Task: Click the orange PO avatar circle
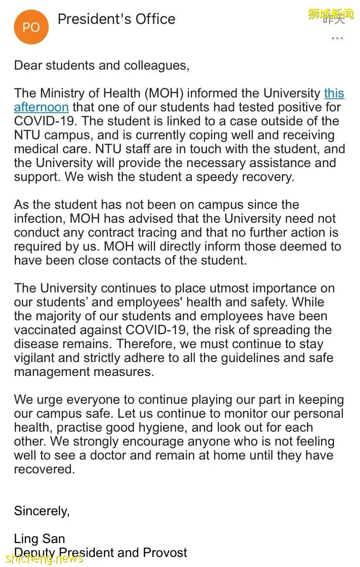pyautogui.click(x=31, y=27)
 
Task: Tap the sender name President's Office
pyautogui.click(x=117, y=19)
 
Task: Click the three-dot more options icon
pyautogui.click(x=337, y=38)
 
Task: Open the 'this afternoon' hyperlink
pyautogui.click(x=41, y=107)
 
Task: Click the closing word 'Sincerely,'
pyautogui.click(x=42, y=510)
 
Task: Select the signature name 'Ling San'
pyautogui.click(x=39, y=539)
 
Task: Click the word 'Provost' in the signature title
pyautogui.click(x=165, y=553)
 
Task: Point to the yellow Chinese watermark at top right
pyautogui.click(x=330, y=14)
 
